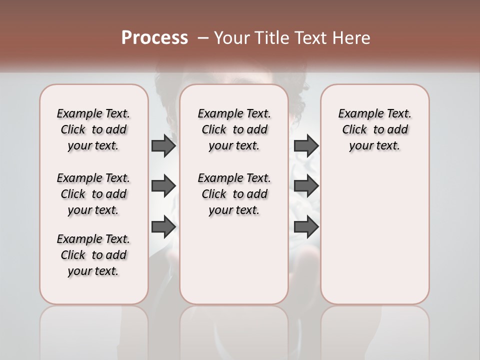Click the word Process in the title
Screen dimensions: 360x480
154,38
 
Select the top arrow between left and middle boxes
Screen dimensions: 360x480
163,145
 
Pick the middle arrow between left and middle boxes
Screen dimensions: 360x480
163,186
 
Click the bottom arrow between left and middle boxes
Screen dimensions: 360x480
163,227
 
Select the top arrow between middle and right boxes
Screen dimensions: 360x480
306,145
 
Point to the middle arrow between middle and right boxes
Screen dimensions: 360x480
306,186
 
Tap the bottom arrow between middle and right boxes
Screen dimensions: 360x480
306,227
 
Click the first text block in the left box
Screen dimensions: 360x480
93,129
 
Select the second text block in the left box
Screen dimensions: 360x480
93,194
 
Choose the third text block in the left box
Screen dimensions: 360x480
93,255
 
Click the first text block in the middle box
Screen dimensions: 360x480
234,129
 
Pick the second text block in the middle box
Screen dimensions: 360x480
234,194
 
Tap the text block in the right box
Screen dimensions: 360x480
374,129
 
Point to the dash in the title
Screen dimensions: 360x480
203,38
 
